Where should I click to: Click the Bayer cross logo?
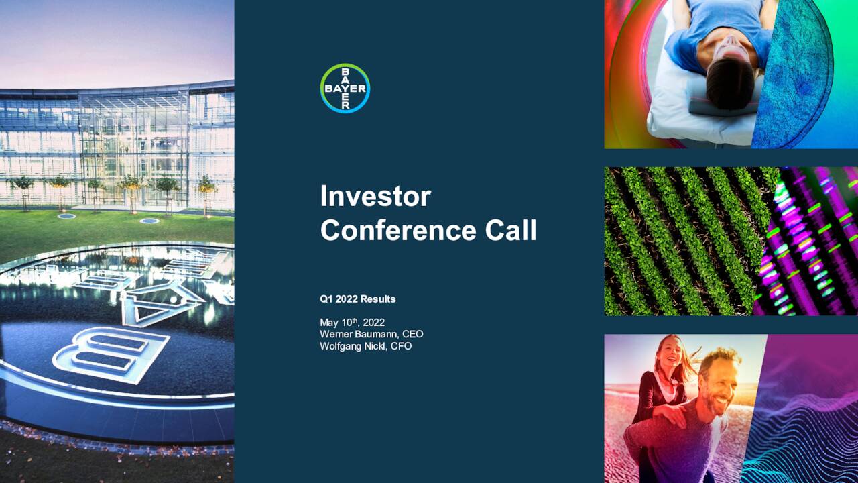[345, 88]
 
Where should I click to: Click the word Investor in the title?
[375, 196]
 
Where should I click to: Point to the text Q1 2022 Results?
[357, 299]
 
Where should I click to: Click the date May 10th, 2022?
[352, 322]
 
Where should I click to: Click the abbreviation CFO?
[401, 346]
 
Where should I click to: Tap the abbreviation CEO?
[412, 334]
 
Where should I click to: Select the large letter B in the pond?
[111, 352]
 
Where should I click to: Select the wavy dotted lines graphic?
[804, 429]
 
